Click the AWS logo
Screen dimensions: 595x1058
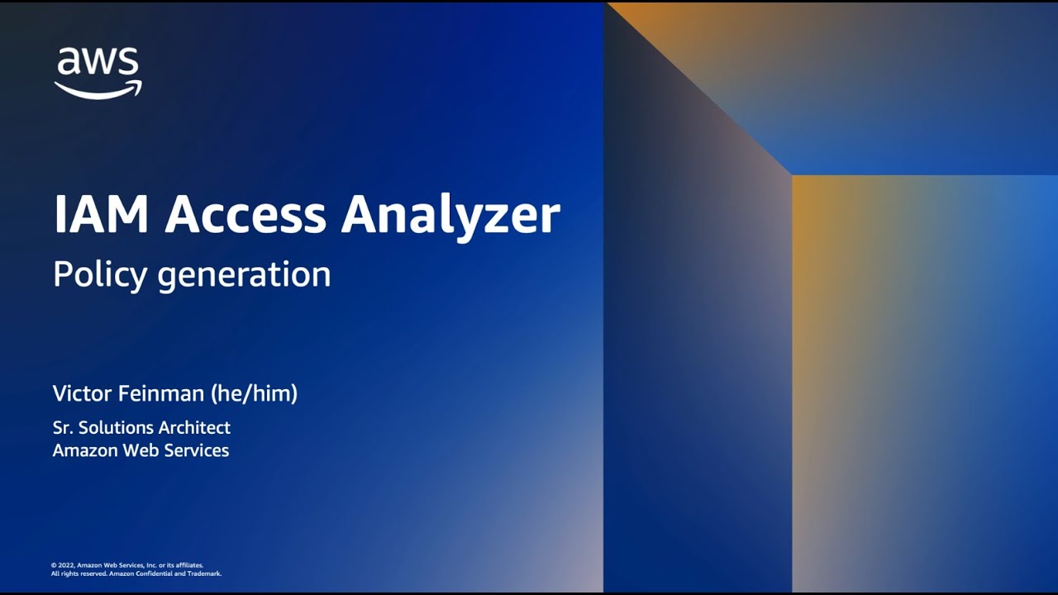[98, 73]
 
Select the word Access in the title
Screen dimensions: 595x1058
[245, 215]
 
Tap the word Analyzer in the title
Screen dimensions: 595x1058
[450, 217]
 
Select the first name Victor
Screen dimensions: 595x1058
[81, 393]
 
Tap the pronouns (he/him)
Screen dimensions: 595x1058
[255, 393]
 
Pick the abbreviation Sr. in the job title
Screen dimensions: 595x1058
[63, 427]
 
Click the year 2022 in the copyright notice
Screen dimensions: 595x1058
[65, 565]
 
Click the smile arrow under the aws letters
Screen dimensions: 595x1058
[98, 89]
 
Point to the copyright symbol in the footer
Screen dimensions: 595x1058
[54, 565]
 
